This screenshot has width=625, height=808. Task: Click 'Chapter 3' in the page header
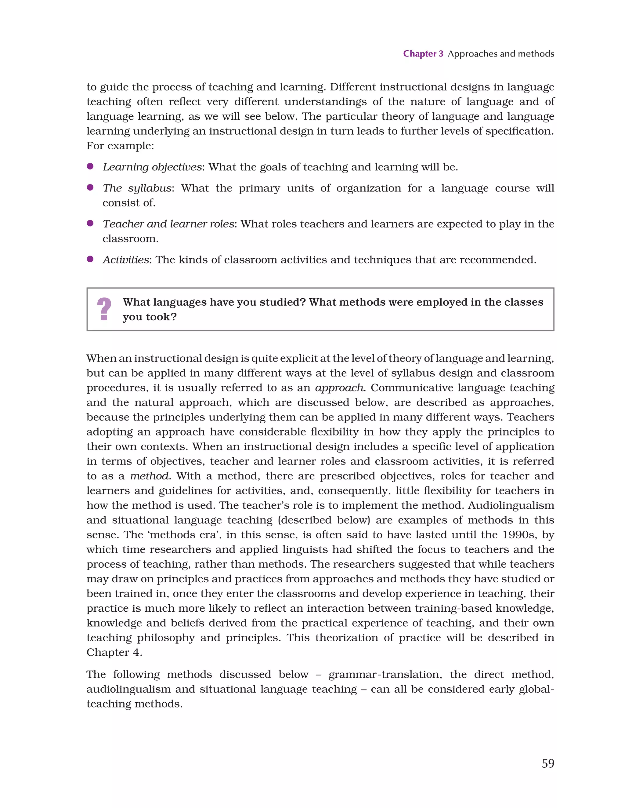(423, 54)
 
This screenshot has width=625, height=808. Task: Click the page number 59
(548, 763)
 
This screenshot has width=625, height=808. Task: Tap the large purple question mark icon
(104, 309)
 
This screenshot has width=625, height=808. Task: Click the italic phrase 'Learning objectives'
(152, 167)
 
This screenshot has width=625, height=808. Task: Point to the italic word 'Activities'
(125, 260)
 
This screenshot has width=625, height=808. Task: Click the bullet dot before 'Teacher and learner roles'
(90, 223)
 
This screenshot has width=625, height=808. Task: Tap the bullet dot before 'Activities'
(90, 259)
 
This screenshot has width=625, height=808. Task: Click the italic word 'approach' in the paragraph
(339, 388)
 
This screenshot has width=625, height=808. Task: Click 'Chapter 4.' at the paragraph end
(114, 652)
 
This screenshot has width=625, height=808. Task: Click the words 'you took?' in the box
(150, 317)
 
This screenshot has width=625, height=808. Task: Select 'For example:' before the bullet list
(120, 146)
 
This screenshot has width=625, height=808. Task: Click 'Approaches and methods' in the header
(501, 54)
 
